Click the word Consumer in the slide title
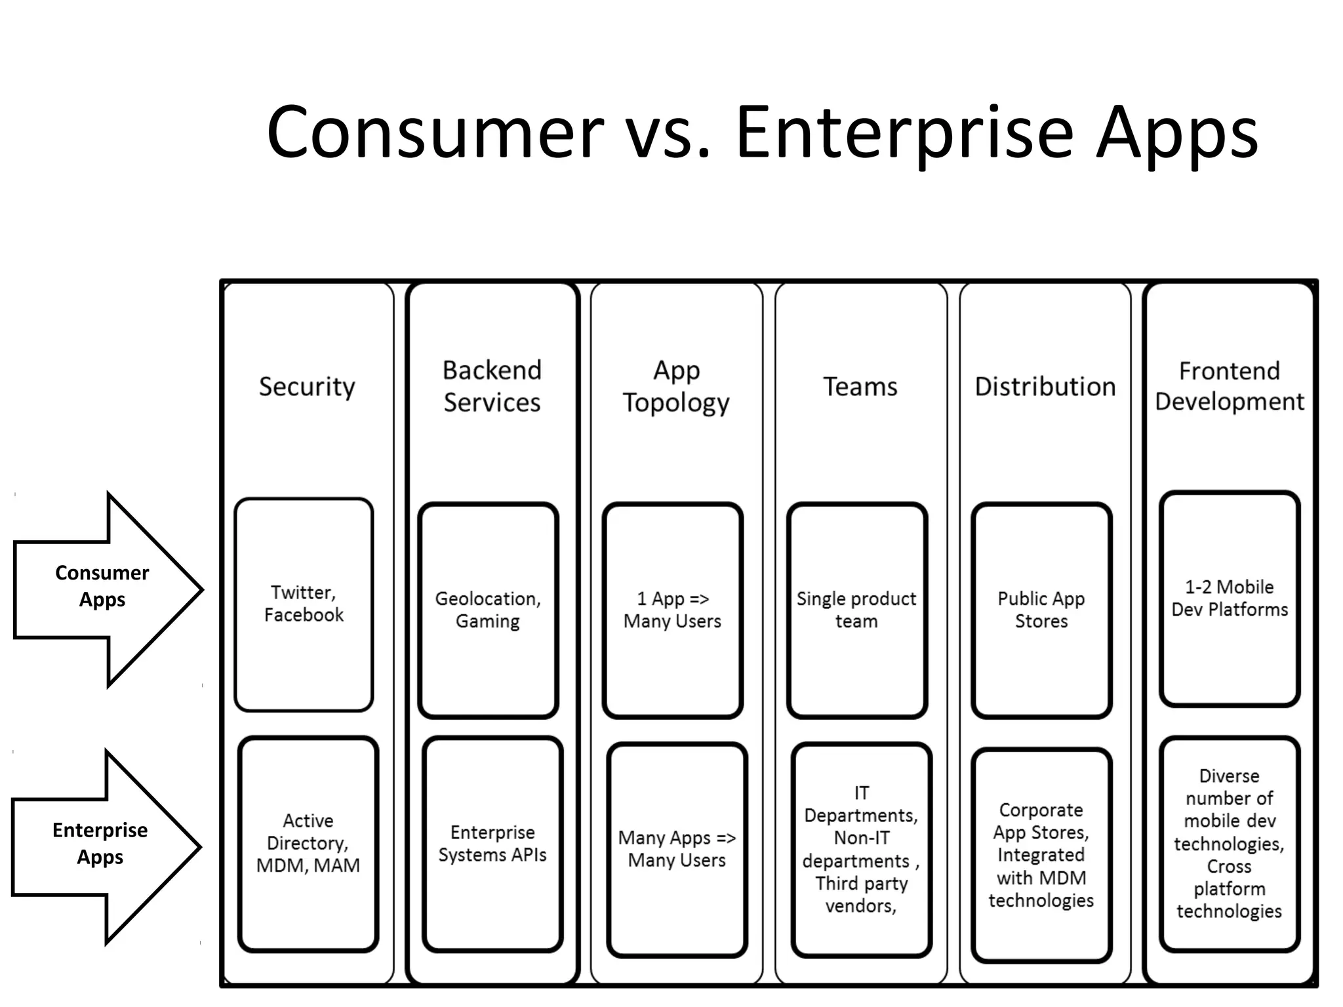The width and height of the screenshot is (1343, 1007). coord(434,133)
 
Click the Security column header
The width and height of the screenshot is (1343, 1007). coord(307,387)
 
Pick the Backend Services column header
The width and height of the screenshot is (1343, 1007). coord(492,387)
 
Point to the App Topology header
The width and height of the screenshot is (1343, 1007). coord(676,387)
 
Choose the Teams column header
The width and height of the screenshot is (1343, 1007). coord(860,387)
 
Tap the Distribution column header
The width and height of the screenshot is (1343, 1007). coord(1045,387)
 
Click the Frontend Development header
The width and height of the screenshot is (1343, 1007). coord(1230,387)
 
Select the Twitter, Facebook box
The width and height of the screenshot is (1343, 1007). coord(304,604)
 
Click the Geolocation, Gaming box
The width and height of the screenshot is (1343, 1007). coord(488,610)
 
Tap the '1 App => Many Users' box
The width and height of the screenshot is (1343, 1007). coord(673,610)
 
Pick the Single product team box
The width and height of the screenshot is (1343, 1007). coord(856,610)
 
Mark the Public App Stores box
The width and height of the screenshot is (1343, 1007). coord(1041,610)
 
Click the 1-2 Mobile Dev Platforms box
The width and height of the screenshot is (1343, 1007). coord(1230,598)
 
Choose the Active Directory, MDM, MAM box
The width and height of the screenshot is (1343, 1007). coord(308,843)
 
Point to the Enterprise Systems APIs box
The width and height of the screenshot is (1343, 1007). coord(492,844)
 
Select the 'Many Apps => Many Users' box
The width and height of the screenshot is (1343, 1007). coord(677,849)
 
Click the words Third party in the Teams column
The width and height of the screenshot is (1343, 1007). coord(862,884)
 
